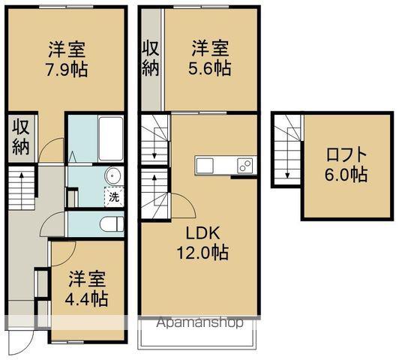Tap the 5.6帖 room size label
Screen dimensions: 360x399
[x=210, y=67]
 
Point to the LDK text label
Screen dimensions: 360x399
[x=204, y=233]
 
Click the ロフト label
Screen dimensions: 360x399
[x=346, y=156]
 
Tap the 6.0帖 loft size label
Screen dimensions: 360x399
[x=346, y=175]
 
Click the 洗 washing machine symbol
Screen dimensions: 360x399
[x=113, y=198]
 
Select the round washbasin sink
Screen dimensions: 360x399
[x=114, y=175]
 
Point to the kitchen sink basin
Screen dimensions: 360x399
[x=205, y=165]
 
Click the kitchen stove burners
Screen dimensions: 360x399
[x=244, y=165]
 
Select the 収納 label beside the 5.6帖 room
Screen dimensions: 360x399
[x=151, y=60]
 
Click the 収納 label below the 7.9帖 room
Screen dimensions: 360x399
[x=20, y=136]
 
